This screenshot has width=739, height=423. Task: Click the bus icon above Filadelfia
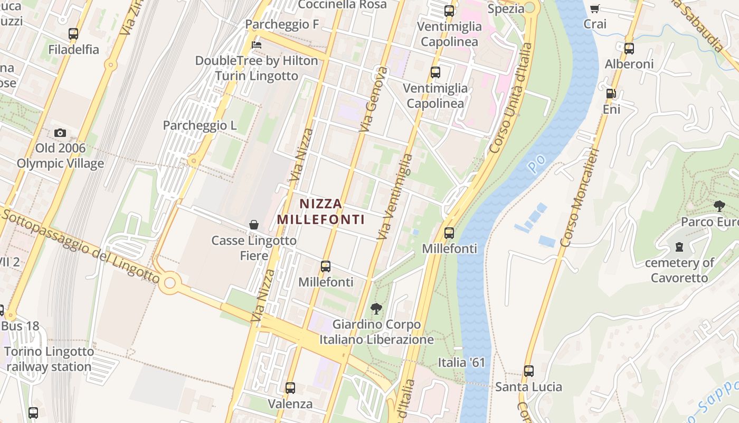pos(73,34)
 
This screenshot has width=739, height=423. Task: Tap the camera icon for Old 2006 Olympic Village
pos(60,133)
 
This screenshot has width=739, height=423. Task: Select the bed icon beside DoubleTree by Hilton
pos(257,44)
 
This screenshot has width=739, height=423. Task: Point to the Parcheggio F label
pos(282,24)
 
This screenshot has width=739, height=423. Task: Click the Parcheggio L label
pos(200,125)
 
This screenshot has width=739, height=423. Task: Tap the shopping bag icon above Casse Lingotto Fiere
pos(254,225)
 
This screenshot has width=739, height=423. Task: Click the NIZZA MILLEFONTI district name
pos(321,212)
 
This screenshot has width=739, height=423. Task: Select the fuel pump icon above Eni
pos(611,94)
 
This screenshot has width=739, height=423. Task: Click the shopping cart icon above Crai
pos(595,8)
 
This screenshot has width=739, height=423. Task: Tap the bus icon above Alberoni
pos(629,49)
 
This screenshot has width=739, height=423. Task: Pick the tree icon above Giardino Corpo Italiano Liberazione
pos(376,309)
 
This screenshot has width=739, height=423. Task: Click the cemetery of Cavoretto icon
pos(679,247)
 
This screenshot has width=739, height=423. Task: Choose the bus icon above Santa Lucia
pos(528,371)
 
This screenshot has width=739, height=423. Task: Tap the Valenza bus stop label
pos(290,404)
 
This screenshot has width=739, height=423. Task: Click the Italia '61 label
pos(461,363)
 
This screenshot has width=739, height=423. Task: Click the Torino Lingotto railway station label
pos(50,359)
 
